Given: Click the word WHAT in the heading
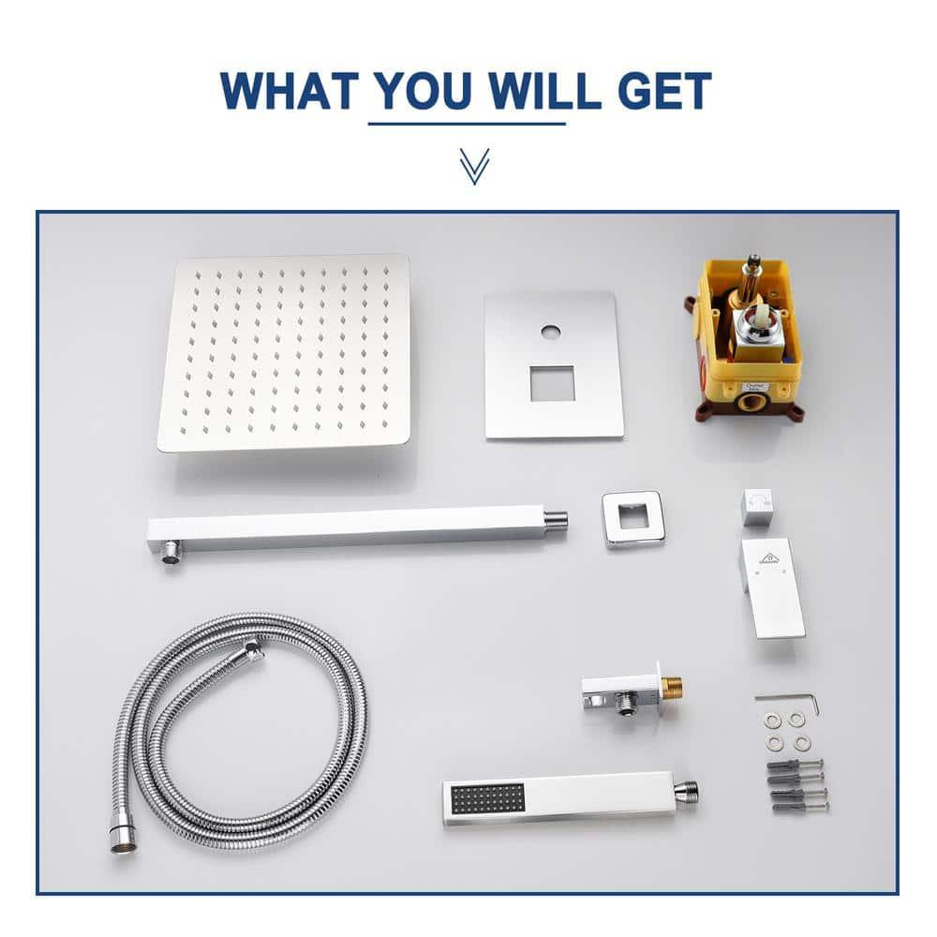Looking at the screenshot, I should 289,91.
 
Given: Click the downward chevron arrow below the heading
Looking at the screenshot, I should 474,165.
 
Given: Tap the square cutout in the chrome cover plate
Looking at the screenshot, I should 552,383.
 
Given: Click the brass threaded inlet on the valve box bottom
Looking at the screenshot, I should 751,404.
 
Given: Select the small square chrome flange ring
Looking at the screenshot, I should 633,518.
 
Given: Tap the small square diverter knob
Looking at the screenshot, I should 757,507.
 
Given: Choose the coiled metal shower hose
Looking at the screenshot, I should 239,721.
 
